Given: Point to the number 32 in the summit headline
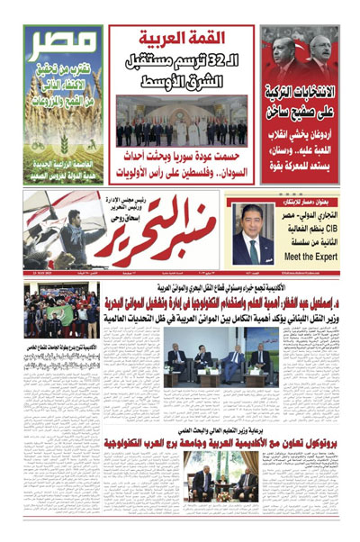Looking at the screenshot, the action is (231, 61).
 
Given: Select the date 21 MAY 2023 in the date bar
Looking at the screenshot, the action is (36, 272).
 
